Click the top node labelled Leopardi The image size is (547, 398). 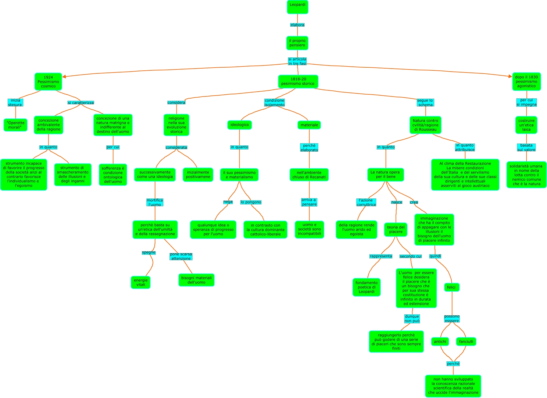pos(297,7)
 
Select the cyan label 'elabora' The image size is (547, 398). pos(297,25)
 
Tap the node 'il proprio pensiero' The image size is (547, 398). pos(297,43)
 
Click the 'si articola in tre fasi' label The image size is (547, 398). pos(297,61)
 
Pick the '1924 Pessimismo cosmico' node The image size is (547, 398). pos(48,82)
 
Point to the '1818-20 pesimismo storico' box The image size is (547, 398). pos(298,81)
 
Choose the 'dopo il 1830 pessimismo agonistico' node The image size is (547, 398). pos(526,81)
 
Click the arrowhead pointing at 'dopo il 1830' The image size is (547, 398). pos(510,76)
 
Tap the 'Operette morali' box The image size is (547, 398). pos(15,125)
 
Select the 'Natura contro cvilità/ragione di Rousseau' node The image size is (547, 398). pos(425,125)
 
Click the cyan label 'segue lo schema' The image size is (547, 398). pos(425,103)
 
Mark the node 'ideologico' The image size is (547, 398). pos(239,125)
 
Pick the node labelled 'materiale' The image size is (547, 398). pos(309,125)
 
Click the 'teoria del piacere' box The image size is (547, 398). pos(396,229)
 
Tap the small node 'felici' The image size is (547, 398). pos(451,287)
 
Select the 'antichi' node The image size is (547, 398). pos(440,342)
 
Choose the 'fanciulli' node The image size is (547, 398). pos(466,342)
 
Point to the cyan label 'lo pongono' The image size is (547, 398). pos(251,202)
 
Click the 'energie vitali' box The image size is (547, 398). pos(141,282)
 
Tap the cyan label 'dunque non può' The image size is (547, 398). pos(412,319)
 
